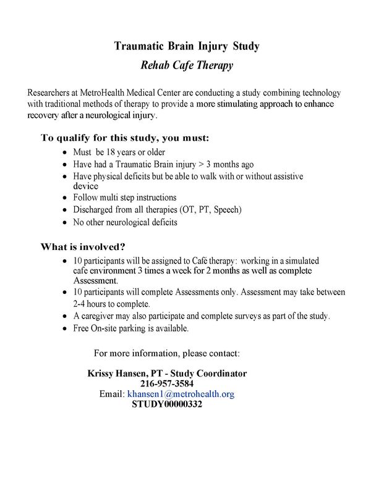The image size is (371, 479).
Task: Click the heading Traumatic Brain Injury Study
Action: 186,46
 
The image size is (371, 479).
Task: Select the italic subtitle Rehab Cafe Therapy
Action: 186,65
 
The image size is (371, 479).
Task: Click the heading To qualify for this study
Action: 125,137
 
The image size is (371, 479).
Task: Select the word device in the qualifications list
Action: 85,186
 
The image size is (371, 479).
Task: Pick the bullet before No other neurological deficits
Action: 66,222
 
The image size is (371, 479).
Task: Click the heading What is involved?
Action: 83,247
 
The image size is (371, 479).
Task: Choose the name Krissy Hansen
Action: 116,373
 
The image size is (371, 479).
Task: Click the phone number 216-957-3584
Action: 167,383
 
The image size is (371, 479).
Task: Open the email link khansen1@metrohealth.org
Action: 181,394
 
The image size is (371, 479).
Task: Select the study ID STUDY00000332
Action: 167,404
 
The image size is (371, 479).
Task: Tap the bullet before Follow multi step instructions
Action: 66,198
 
